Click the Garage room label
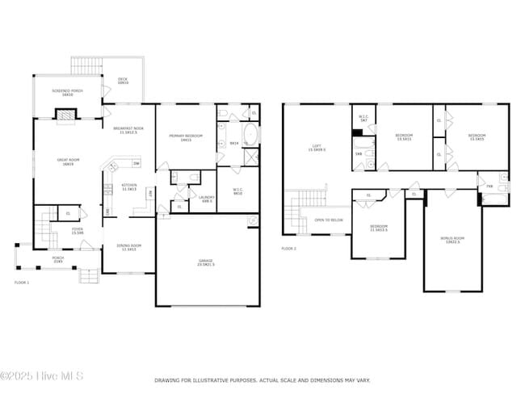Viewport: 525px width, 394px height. tap(206, 262)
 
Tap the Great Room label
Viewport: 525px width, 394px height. tap(67, 161)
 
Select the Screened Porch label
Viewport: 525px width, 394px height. tap(67, 93)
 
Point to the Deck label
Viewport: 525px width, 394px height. tap(123, 81)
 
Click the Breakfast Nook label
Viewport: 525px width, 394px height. tap(128, 130)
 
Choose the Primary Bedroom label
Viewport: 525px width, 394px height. tap(186, 138)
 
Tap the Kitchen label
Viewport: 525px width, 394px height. tap(129, 186)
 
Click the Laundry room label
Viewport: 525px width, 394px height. tap(206, 199)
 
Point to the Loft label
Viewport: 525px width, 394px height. tap(317, 148)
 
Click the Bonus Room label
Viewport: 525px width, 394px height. tap(451, 240)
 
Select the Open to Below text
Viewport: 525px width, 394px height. tap(329, 220)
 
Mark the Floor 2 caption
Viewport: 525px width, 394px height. tap(289, 249)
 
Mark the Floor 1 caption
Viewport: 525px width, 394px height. tap(21, 283)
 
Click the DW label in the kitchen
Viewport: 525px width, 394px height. tap(136, 164)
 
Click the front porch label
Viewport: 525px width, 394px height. tap(58, 261)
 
